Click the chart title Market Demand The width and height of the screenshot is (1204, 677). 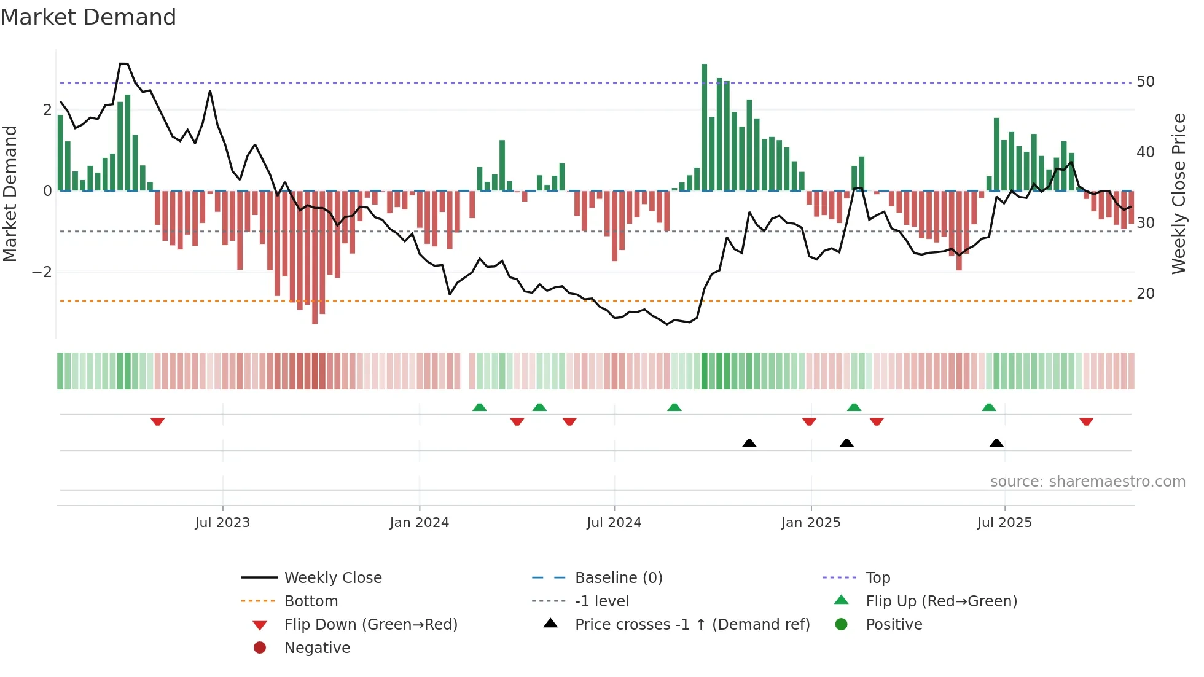[88, 17]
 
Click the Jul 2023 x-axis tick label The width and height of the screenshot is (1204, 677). [222, 523]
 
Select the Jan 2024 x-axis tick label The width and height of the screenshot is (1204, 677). [420, 523]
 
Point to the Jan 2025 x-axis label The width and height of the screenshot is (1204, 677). [811, 523]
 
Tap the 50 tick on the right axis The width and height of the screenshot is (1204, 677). [1146, 82]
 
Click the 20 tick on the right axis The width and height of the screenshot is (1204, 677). [1146, 294]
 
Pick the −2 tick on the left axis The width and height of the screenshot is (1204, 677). [42, 272]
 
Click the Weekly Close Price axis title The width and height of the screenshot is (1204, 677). [1178, 194]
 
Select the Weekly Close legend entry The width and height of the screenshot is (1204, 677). [332, 578]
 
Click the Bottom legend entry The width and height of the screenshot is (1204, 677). [311, 601]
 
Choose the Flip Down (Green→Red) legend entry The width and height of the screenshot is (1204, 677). [370, 625]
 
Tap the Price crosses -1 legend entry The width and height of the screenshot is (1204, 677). [692, 625]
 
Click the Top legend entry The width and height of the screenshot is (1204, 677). [878, 578]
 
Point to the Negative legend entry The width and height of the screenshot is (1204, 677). [317, 648]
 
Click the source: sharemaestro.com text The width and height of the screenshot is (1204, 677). [1087, 482]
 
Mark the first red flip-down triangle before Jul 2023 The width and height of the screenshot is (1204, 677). [157, 421]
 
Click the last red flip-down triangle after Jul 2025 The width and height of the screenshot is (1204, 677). [1086, 421]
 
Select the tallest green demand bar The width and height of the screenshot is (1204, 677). [705, 126]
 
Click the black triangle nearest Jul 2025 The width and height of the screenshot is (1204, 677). [996, 443]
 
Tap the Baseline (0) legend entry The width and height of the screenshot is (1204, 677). [618, 578]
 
